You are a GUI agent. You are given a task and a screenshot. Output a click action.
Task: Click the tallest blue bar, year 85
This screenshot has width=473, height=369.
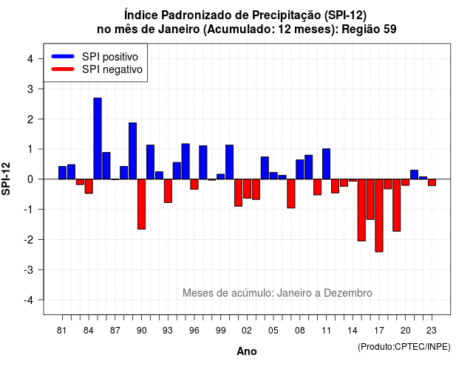coord(98,139)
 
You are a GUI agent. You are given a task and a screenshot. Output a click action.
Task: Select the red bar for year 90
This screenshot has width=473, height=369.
coord(141,204)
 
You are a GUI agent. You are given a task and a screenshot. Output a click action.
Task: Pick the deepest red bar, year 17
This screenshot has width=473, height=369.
coord(379,215)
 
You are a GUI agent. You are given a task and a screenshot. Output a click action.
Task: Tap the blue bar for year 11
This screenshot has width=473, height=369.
coord(327,164)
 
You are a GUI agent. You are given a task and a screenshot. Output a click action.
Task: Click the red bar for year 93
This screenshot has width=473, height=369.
coord(168,190)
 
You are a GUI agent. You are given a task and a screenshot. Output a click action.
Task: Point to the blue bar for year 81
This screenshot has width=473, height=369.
coord(62,173)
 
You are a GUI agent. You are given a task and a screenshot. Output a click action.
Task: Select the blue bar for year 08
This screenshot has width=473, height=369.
coord(300,169)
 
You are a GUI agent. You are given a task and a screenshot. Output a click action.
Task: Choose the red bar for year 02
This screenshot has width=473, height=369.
coord(247,189)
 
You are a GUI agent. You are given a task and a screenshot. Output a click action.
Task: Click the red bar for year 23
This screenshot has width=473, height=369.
coord(432,182)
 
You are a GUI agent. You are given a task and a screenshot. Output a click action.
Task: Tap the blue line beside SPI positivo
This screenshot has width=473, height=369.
coord(63,56)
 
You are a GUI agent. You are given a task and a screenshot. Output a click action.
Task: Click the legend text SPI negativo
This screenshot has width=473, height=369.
coord(112,69)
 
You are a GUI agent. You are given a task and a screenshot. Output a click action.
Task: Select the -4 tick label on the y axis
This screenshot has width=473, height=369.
coord(29,300)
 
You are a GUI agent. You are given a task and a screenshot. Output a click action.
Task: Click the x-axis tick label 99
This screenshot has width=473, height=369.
coord(221,331)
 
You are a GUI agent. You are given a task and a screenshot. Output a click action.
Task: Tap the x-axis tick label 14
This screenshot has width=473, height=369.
coord(353,331)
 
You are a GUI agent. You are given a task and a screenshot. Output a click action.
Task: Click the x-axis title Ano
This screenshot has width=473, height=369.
coord(247,351)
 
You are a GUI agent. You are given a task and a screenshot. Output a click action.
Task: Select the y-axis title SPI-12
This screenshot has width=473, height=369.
coord(6,179)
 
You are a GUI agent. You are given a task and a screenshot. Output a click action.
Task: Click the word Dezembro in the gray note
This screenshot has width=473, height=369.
coord(348,293)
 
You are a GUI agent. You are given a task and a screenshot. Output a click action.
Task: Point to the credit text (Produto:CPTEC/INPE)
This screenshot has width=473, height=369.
coord(404,347)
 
